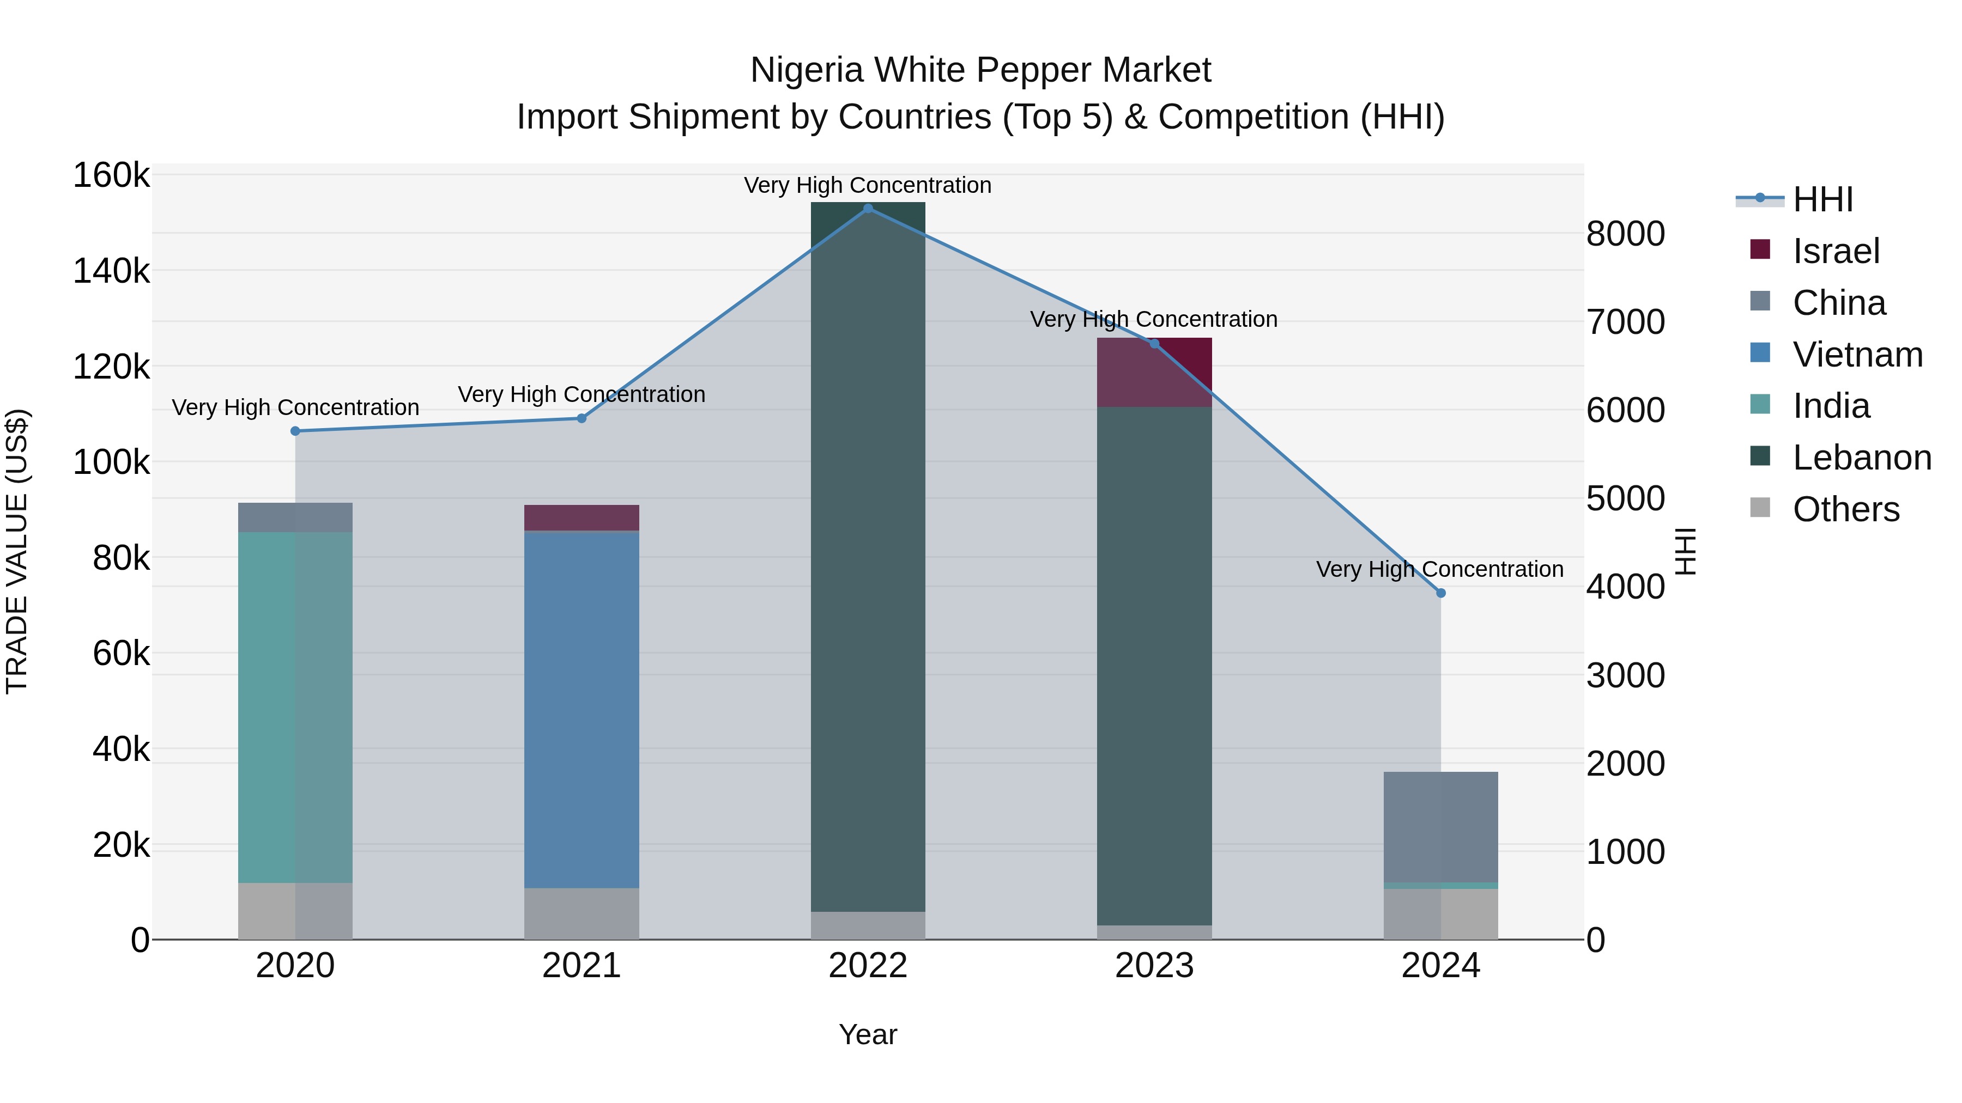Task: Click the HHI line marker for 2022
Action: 868,208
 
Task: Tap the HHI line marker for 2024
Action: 1440,593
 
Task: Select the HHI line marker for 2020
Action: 295,431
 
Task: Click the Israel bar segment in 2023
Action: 1154,372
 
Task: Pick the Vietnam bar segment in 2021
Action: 581,708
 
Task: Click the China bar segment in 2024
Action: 1440,827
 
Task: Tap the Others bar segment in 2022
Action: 868,925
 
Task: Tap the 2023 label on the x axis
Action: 1154,965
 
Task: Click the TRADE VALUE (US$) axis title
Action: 17,551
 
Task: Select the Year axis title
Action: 868,1034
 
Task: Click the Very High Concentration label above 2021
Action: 581,394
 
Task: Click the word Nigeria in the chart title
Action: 807,70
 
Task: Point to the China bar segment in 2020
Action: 295,517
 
